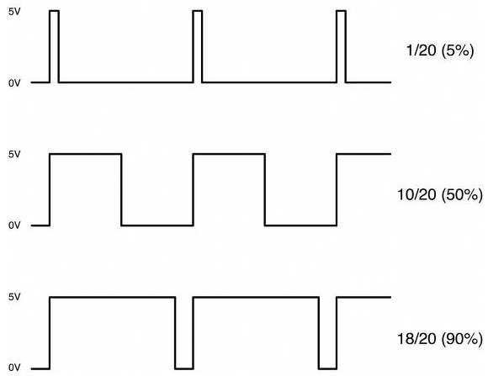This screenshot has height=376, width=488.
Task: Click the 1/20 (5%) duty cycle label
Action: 440,50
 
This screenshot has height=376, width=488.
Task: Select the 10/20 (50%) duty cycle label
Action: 440,195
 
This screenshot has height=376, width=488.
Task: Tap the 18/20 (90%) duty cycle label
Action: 440,339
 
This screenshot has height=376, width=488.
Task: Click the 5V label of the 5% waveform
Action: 14,12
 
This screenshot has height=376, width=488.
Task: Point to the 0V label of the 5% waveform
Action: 14,83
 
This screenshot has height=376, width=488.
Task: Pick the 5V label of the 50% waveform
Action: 14,154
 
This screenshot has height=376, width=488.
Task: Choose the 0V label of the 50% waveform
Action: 14,225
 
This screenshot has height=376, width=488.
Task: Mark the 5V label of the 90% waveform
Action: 14,297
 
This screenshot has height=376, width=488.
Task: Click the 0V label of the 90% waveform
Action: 14,368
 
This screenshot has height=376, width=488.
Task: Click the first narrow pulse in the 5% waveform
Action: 54,11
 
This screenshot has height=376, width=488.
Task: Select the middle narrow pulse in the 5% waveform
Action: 198,11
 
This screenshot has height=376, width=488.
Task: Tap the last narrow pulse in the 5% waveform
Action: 341,11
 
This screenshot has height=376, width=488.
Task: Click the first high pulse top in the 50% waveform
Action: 86,154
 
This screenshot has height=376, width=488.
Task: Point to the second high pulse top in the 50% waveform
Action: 229,154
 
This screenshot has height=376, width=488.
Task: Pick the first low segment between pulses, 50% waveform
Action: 157,225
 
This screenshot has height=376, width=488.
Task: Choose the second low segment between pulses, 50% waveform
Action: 300,225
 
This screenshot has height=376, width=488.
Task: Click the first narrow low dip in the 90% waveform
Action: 184,368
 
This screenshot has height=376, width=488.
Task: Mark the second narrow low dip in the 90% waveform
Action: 328,368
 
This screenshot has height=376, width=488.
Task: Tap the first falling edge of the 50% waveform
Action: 121,189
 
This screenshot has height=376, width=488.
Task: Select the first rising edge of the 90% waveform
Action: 50,333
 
